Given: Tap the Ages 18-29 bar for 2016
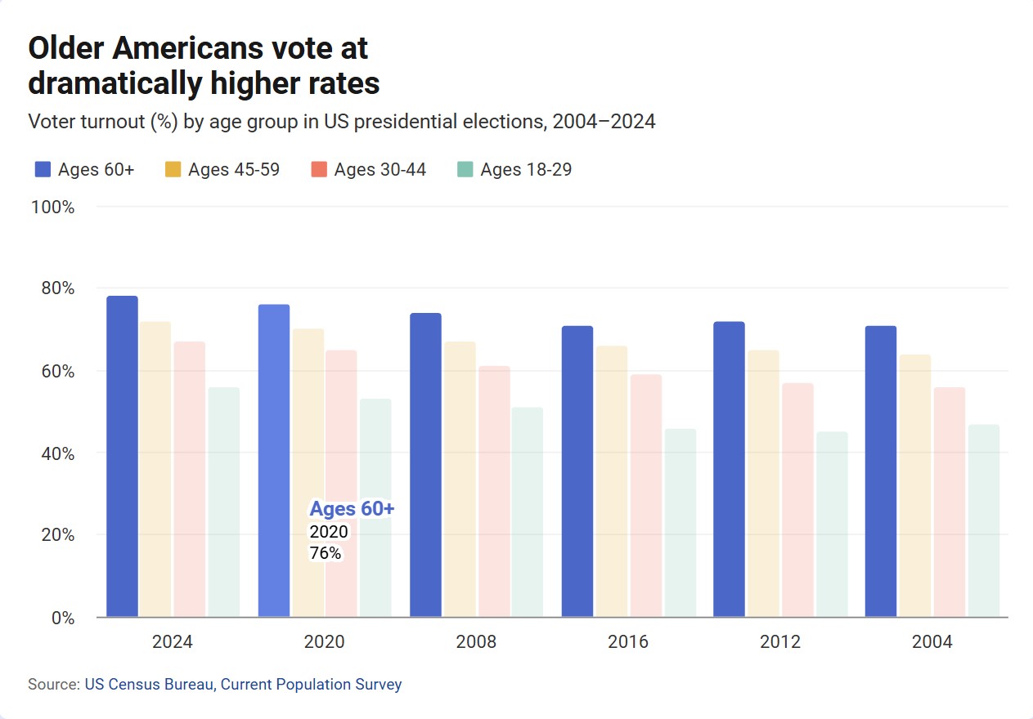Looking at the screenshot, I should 680,522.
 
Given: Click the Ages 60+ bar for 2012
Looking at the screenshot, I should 729,469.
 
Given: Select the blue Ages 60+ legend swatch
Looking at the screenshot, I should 43,170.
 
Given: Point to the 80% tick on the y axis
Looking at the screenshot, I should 52,288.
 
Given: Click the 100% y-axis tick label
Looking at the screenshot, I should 52,208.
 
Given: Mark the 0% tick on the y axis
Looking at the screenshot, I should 61,618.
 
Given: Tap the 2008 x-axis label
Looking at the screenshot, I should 476,642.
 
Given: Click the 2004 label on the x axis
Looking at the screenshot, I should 932,642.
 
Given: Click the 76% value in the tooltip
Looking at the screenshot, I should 326,553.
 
